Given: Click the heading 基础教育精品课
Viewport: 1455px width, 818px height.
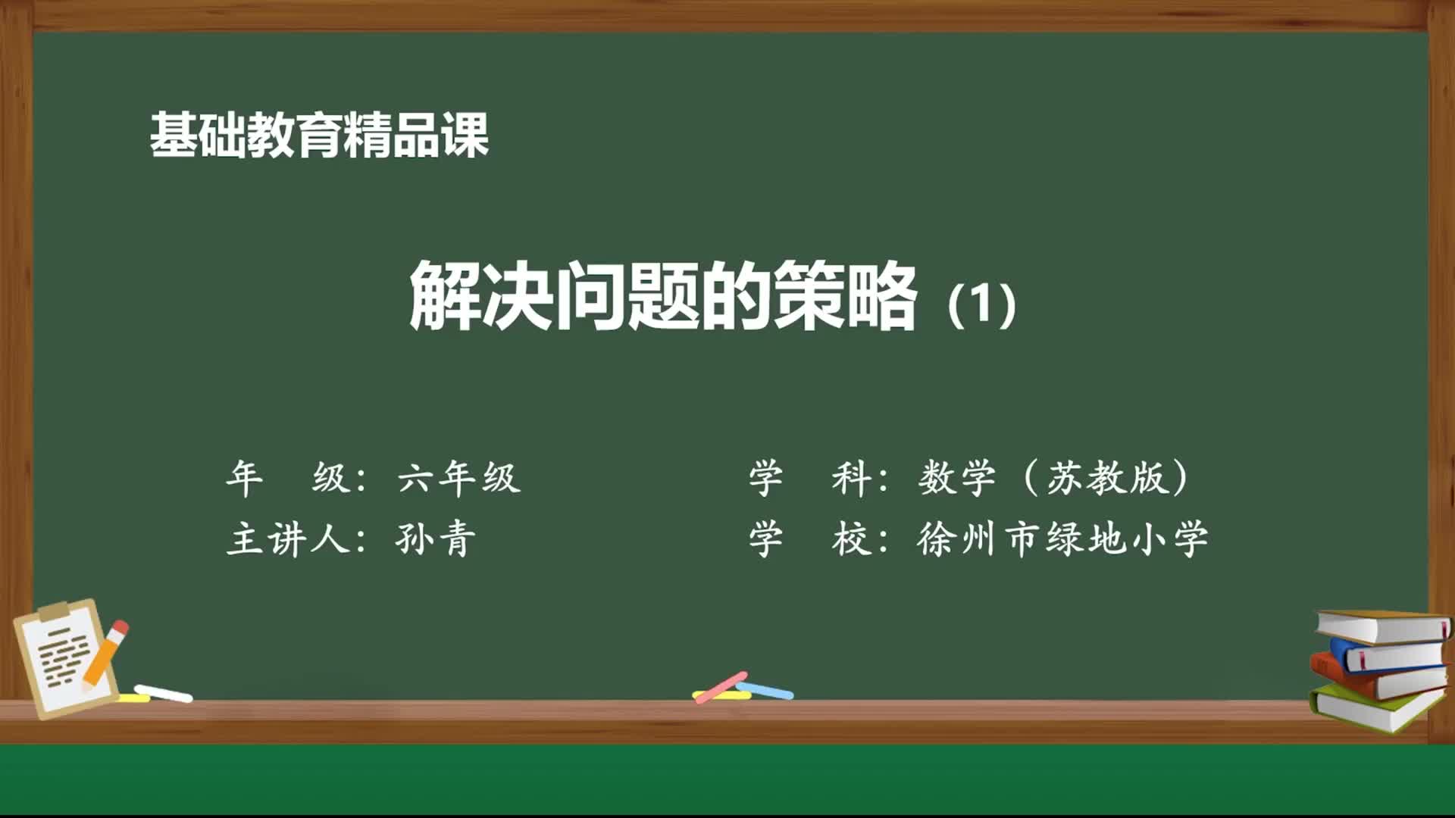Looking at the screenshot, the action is click(x=319, y=136).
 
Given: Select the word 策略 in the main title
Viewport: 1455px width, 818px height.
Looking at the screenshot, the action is click(x=845, y=295).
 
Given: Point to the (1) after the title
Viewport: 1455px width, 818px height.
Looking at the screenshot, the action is click(x=982, y=304).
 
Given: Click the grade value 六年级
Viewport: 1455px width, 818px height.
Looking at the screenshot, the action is click(x=459, y=478).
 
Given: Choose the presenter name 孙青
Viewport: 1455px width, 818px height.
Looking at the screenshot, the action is click(x=436, y=539).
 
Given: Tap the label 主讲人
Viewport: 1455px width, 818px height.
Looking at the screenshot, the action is click(x=287, y=539).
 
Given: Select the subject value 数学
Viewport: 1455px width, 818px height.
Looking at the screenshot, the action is click(x=957, y=478).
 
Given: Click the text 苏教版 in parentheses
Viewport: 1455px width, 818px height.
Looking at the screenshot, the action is click(x=1107, y=478).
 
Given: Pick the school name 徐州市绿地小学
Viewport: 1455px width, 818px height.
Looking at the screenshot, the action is click(x=1062, y=539).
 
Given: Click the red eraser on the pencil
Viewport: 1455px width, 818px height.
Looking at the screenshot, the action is click(x=119, y=629).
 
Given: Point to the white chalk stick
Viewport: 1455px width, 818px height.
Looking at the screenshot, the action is click(x=163, y=693).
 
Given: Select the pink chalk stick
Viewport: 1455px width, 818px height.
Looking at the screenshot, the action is click(x=721, y=686).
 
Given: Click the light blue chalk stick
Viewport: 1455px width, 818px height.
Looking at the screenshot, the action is click(x=765, y=690).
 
